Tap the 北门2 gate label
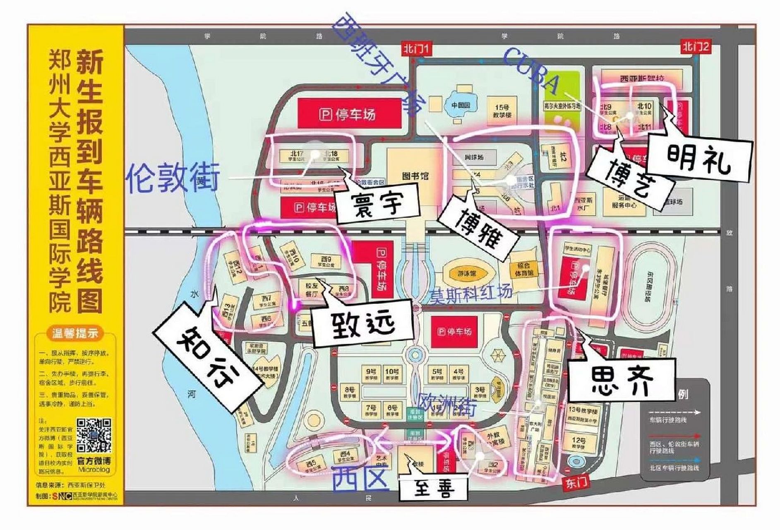(696, 47)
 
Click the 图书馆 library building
(415, 176)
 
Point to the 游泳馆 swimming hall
(467, 273)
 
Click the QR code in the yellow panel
(94, 435)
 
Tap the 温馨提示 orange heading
(75, 332)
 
